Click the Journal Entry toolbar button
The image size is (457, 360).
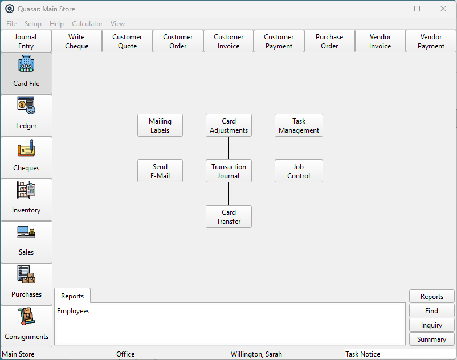26,42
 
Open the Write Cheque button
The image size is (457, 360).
77,42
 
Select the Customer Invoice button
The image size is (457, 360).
228,42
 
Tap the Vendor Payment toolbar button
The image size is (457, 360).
431,42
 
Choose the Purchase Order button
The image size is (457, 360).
329,42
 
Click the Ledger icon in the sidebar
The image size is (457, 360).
26,105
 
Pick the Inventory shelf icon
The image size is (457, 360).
26,190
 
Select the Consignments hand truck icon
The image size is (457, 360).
26,316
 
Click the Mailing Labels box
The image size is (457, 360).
160,125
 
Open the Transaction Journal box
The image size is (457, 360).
229,171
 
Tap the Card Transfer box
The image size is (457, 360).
229,216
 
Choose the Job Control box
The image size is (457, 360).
299,171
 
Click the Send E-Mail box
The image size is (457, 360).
160,171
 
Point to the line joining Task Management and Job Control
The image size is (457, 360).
299,148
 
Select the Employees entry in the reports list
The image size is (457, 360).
73,311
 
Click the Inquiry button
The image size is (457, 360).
432,325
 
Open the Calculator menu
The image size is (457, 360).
87,24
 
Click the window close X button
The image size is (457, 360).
443,9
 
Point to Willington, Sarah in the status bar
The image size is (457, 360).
256,354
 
